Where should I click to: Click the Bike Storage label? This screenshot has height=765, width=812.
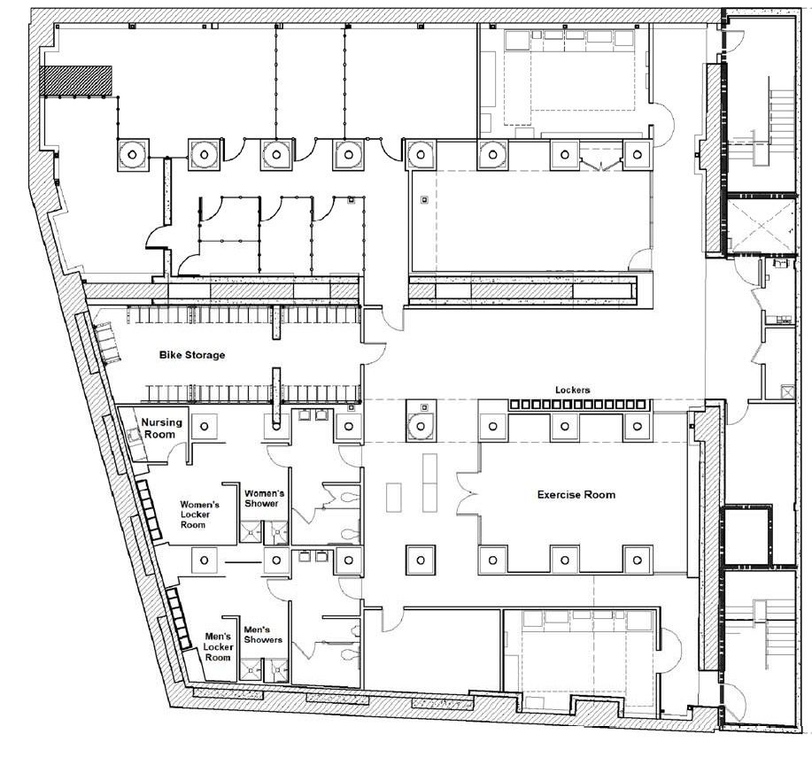coord(192,355)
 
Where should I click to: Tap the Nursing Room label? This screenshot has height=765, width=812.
coord(161,429)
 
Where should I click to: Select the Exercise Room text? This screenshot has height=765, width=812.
coord(576,495)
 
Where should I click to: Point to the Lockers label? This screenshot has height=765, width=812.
coord(573,390)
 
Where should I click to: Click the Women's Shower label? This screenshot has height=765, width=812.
coord(264,498)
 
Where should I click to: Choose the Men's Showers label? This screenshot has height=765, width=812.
coord(263,635)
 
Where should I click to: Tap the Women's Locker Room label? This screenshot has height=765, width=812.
coord(199,514)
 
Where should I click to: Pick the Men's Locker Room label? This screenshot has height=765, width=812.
coord(218,647)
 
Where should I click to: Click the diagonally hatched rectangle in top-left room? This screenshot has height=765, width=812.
coord(76,81)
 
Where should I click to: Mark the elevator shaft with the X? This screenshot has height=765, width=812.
coord(762,226)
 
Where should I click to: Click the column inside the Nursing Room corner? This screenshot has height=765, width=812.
coord(205,426)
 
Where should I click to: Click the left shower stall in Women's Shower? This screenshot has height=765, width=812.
coord(251,532)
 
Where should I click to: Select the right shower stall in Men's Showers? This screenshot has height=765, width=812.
coord(275,669)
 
